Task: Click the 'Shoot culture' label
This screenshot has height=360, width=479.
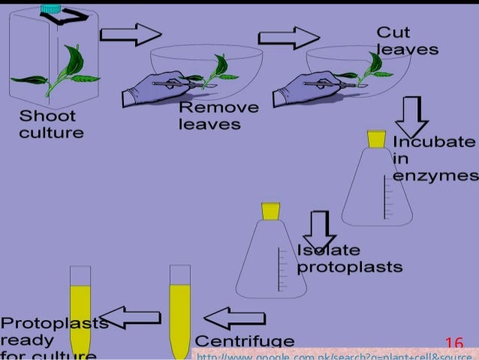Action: pos(50,125)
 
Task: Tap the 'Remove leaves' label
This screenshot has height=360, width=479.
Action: pos(218,116)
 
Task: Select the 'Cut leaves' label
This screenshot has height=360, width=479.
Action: pos(406,41)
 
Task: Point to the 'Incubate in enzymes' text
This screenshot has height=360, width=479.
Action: pos(435,159)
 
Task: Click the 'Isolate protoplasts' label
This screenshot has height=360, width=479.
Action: pos(349,259)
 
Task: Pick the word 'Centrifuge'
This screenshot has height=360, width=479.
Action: pos(244,342)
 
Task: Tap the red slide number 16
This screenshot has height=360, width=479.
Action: pos(454,344)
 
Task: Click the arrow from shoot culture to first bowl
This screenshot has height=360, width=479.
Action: pos(131,34)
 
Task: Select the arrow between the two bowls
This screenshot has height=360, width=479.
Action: pos(288,38)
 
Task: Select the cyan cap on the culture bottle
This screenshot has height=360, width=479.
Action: pos(51,8)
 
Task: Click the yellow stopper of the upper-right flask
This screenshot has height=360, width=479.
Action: pos(376,139)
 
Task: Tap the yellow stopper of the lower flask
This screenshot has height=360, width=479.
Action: pos(270,210)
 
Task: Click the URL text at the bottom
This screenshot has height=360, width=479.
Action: pos(334,354)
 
